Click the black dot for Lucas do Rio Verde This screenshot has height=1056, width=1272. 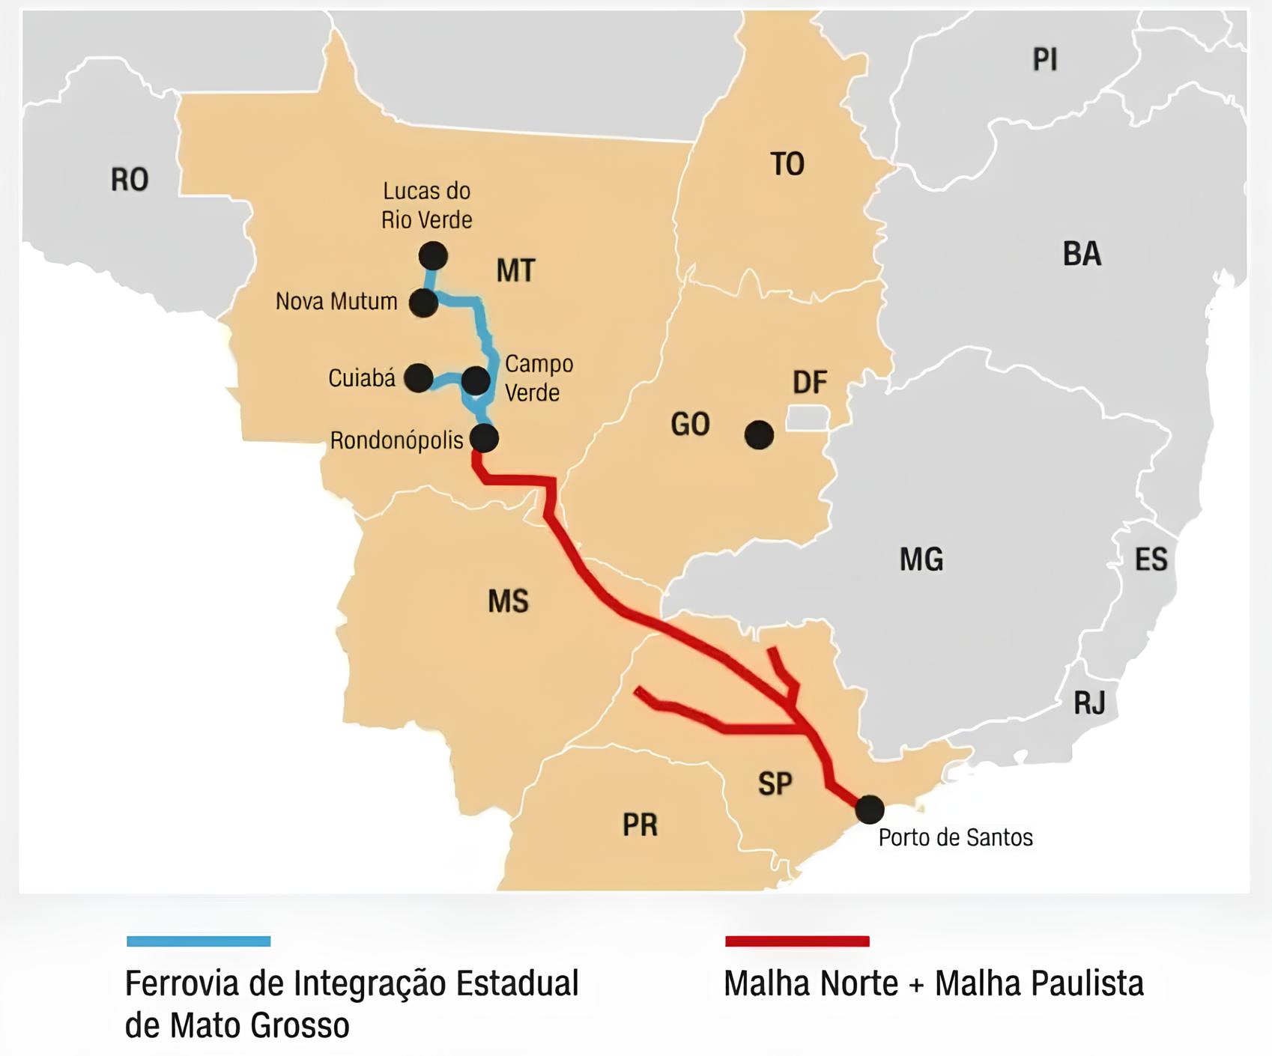[x=433, y=256]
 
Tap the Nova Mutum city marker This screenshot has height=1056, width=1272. [x=423, y=303]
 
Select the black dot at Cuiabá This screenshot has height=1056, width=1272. [x=418, y=377]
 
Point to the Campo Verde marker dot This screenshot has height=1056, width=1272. [x=476, y=380]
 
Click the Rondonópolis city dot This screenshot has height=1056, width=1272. [x=484, y=438]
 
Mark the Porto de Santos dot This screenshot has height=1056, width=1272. [x=869, y=809]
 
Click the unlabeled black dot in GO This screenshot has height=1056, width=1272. [x=759, y=434]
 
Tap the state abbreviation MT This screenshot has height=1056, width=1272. [x=515, y=270]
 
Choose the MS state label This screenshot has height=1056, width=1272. [x=508, y=601]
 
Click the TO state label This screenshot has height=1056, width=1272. [x=787, y=164]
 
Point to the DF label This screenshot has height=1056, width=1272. [x=810, y=383]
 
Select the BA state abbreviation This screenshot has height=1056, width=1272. [x=1082, y=254]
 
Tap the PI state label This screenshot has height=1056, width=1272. [x=1045, y=59]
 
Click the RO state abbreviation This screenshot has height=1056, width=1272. [x=130, y=180]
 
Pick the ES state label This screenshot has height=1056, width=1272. [x=1151, y=559]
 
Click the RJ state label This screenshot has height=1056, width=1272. [x=1089, y=703]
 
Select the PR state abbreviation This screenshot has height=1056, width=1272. [x=640, y=825]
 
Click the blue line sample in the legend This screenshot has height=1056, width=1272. [x=199, y=941]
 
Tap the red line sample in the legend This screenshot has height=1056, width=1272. [x=797, y=941]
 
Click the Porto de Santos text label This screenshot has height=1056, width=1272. [x=955, y=837]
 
